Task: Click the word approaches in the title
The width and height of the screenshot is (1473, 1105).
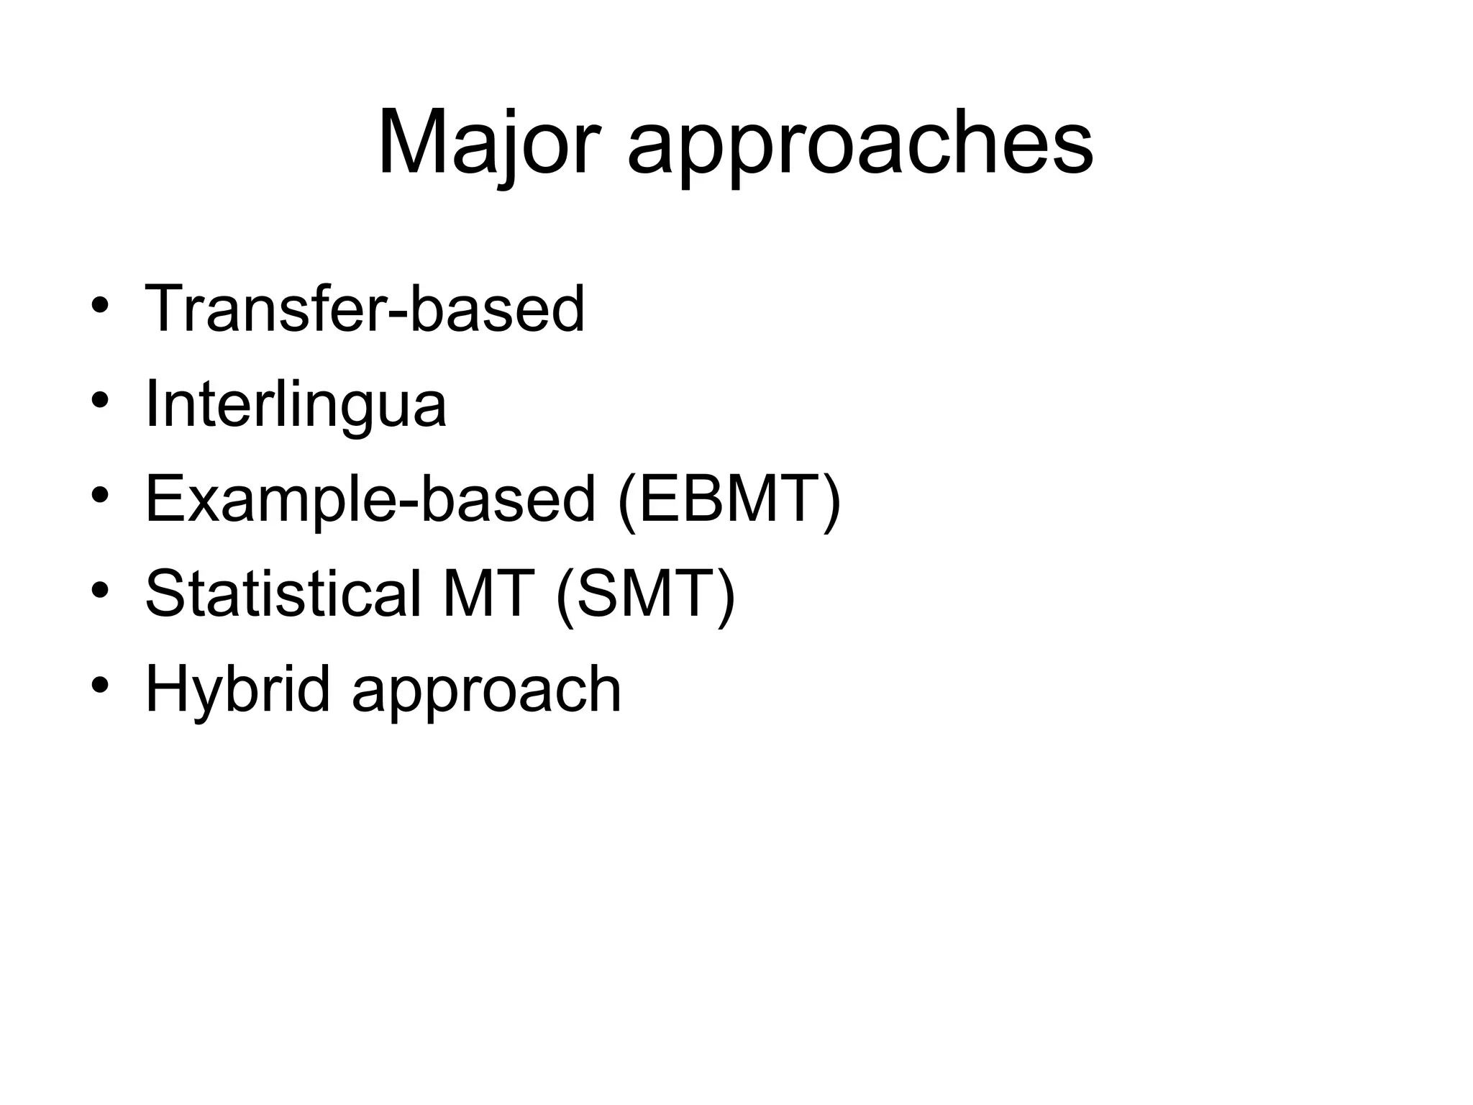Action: pyautogui.click(x=860, y=147)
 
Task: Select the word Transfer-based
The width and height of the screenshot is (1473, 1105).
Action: pyautogui.click(x=365, y=309)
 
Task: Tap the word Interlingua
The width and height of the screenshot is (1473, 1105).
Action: pyautogui.click(x=296, y=404)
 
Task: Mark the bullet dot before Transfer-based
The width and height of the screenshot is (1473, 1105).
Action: pyautogui.click(x=100, y=306)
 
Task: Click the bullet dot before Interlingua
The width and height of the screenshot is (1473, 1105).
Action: pyautogui.click(x=100, y=401)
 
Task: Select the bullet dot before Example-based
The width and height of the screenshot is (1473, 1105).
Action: pyautogui.click(x=100, y=496)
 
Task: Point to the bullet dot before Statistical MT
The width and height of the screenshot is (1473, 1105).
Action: pyautogui.click(x=100, y=591)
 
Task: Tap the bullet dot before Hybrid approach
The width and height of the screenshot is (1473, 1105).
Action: pyautogui.click(x=100, y=686)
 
